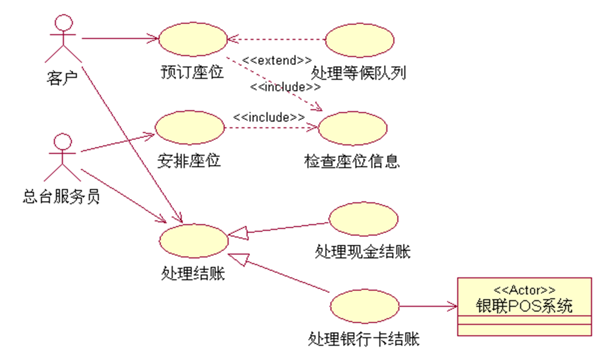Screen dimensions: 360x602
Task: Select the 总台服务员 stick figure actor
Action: coord(63,157)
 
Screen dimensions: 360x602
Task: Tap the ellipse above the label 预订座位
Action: coord(193,39)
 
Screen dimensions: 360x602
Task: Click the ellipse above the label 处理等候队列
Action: coord(359,40)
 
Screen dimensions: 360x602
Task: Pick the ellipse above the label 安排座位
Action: coord(190,127)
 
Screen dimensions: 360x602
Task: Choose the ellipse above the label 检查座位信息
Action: coord(353,128)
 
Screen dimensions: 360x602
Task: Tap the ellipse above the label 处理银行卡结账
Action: coord(364,306)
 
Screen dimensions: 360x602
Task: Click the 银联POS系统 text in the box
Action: coord(524,306)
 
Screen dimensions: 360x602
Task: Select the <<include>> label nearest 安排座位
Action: coord(269,117)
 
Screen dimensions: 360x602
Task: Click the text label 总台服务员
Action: coord(61,197)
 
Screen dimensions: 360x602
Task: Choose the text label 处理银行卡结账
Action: coord(364,339)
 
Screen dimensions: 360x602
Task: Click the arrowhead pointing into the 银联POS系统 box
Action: coord(453,306)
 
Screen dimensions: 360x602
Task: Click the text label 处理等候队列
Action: coord(358,73)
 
